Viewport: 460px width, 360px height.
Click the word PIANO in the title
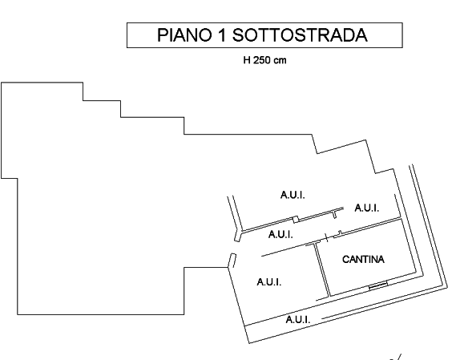click(184, 35)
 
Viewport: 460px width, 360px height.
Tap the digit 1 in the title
click(222, 35)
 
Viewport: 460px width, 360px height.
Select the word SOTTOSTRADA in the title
click(300, 35)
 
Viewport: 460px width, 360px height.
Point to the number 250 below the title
click(262, 60)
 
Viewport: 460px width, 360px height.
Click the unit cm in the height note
click(280, 61)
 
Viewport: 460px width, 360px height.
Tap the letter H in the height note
click(247, 60)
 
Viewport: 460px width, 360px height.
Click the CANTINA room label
click(363, 259)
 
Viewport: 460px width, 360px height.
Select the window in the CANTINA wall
click(378, 285)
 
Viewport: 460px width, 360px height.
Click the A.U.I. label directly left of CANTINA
click(269, 282)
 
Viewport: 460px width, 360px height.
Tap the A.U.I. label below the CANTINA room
click(298, 319)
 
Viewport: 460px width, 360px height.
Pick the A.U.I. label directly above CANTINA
click(367, 208)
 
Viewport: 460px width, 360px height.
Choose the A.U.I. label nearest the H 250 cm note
click(293, 195)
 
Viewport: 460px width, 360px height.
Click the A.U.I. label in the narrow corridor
click(280, 234)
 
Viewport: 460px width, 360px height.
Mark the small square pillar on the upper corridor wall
click(296, 220)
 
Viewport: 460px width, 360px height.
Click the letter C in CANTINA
click(345, 259)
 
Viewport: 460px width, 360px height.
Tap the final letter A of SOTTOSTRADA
click(361, 35)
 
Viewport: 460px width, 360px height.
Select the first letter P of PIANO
click(163, 35)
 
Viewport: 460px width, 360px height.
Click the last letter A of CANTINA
click(381, 259)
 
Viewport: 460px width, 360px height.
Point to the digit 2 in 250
click(256, 60)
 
